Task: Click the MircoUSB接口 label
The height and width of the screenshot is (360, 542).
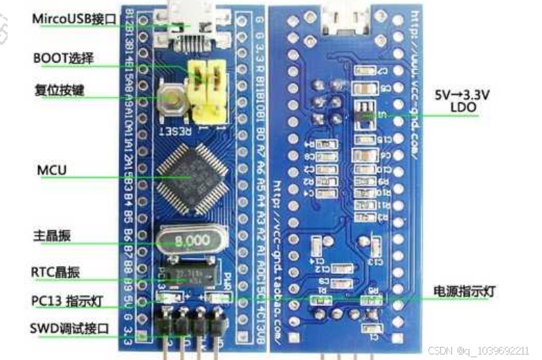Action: (x=74, y=19)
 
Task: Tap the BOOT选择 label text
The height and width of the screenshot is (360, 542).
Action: (x=63, y=58)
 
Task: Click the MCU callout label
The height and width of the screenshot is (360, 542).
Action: (x=53, y=169)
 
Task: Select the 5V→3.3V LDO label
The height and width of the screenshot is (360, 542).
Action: (x=461, y=101)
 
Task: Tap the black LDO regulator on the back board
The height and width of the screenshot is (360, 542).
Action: (x=362, y=112)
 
